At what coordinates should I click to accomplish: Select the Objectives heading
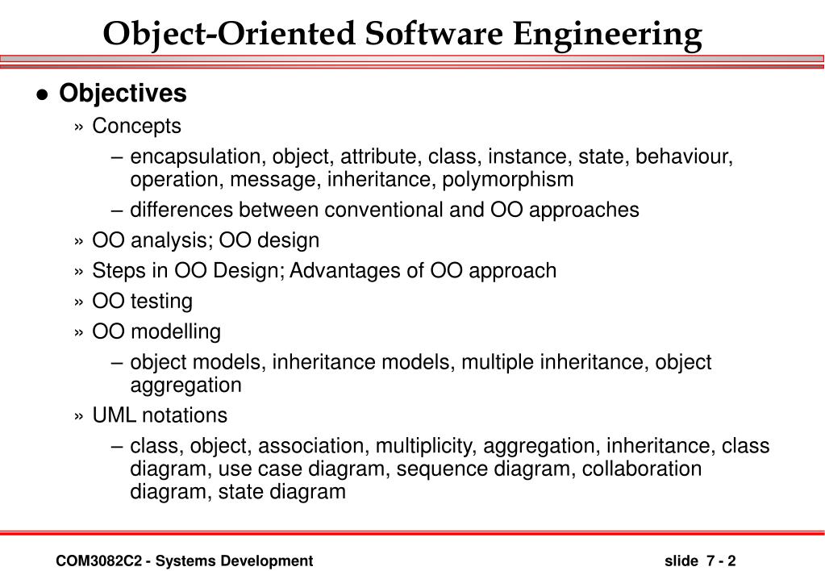tap(123, 94)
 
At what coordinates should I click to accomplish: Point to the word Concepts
tap(136, 126)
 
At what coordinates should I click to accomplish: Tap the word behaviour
tap(684, 156)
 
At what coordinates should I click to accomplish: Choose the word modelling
tap(176, 331)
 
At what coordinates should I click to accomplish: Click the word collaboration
tap(642, 469)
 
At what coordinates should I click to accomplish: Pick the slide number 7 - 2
tap(721, 561)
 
